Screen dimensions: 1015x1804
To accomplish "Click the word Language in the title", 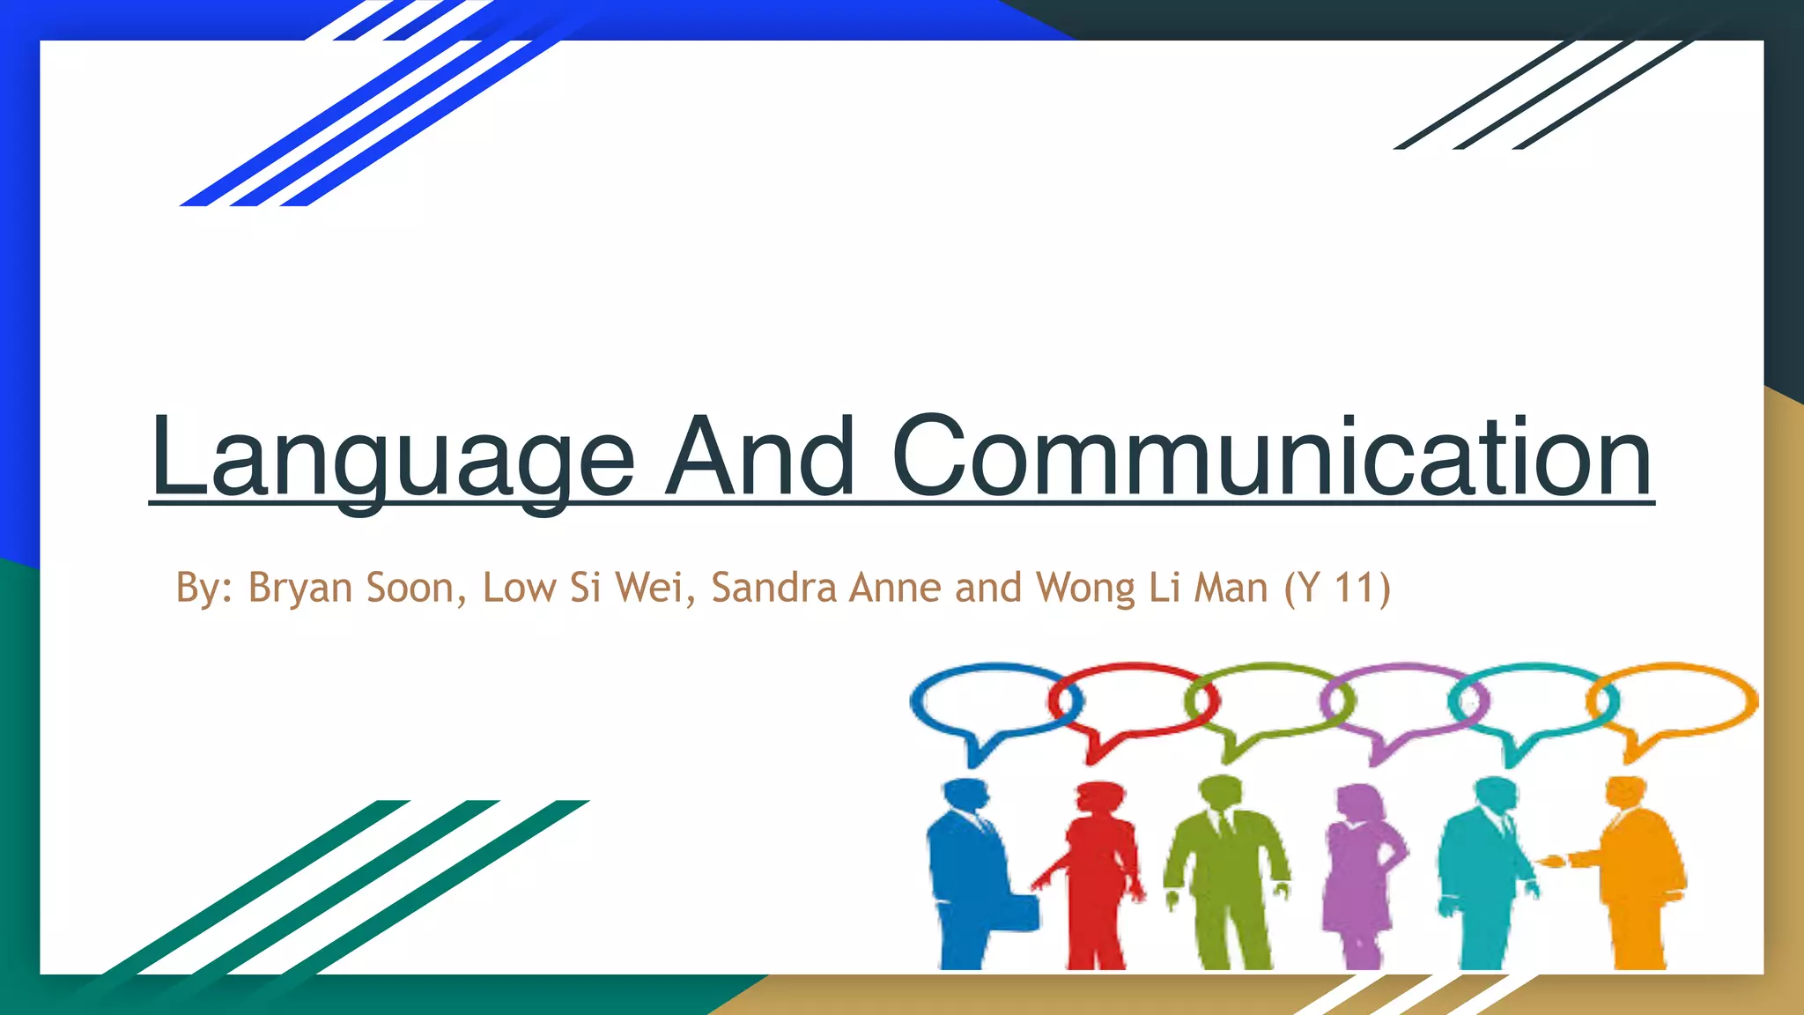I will click(393, 458).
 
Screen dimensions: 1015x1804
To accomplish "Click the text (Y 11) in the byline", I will click(1337, 588).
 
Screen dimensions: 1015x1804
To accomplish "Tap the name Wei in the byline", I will click(649, 588).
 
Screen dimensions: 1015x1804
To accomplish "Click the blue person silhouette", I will click(969, 872).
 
